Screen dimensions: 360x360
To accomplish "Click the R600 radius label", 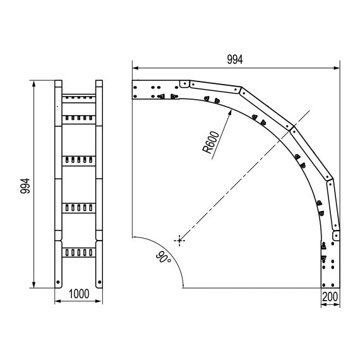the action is (211, 142).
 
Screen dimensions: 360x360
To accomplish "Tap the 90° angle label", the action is (164, 258).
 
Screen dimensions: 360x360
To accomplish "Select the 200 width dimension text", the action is (330, 297).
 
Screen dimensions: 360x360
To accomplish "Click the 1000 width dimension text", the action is (79, 294).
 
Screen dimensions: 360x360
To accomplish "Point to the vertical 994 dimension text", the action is (25, 186).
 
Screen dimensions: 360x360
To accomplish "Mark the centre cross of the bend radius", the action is (179, 241).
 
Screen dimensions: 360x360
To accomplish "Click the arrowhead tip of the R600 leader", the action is (231, 110).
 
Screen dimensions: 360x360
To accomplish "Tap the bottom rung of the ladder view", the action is (79, 253).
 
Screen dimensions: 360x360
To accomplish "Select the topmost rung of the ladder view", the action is (79, 99).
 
